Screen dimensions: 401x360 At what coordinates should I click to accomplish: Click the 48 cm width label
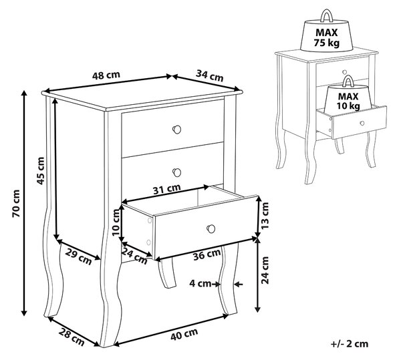(106, 75)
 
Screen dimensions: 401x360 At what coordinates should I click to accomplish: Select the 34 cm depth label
(209, 75)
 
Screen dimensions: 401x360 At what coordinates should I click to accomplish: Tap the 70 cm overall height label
(16, 204)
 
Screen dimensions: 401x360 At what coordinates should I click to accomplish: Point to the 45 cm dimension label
(41, 171)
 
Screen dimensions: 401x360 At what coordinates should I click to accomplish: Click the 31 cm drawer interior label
(166, 189)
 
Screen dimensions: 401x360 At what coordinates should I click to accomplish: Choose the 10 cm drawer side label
(116, 222)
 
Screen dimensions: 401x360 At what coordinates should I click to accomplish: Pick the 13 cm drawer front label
(265, 215)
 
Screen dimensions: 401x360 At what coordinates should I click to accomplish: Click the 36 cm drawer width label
(207, 254)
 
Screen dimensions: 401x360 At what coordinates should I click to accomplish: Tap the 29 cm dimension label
(78, 256)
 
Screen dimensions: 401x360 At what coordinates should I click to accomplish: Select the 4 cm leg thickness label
(200, 283)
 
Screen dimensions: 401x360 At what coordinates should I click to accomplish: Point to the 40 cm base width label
(184, 334)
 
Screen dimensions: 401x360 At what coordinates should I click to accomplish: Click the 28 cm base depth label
(72, 337)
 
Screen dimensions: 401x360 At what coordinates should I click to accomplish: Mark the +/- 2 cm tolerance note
(350, 344)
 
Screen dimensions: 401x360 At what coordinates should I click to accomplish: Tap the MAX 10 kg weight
(348, 97)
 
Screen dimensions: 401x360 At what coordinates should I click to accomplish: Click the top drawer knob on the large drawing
(176, 130)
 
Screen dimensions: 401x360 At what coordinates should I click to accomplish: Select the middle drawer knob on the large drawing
(176, 172)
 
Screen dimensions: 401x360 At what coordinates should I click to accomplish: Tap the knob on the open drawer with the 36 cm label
(211, 228)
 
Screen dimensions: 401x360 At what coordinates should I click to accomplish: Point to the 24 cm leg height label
(265, 270)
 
